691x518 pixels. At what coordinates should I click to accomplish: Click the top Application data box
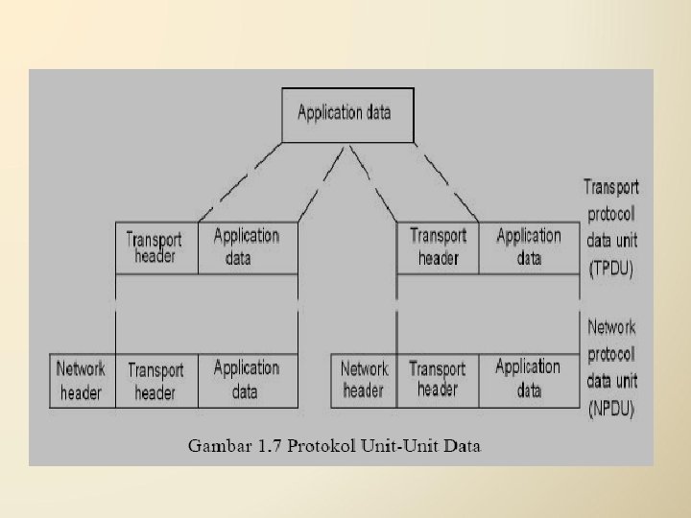tap(344, 113)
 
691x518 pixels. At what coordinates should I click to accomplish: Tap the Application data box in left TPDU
tap(247, 247)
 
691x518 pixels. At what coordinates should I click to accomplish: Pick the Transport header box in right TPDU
tap(438, 247)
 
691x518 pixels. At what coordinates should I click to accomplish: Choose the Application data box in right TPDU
tap(529, 247)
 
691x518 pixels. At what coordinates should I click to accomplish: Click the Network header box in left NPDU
tap(82, 380)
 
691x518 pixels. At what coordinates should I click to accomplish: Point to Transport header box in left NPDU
tap(156, 380)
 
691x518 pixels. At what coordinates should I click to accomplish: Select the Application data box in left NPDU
tap(247, 380)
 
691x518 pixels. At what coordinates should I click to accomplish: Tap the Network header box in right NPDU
tap(364, 380)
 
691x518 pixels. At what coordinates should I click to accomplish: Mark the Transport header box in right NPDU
tap(438, 380)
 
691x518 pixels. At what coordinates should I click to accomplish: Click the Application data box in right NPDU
tap(529, 380)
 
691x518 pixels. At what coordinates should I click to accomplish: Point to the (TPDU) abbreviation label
tap(610, 270)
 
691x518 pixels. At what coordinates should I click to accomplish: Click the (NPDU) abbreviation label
tap(611, 406)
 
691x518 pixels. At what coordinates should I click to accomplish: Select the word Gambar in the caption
tap(217, 445)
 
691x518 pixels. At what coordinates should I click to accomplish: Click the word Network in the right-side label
tap(611, 327)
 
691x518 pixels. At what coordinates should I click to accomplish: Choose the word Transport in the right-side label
tap(611, 188)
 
